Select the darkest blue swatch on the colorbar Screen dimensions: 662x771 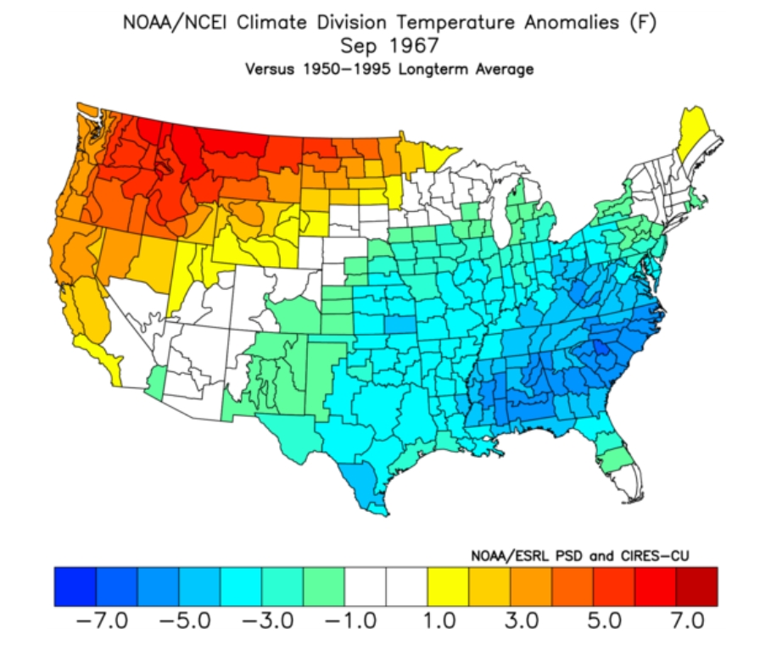pos(75,587)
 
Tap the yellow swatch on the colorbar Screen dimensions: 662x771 pos(448,587)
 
